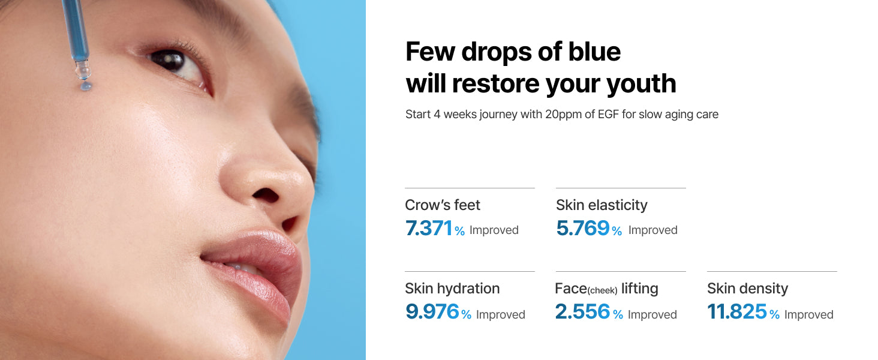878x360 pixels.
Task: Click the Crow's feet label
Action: tap(442, 205)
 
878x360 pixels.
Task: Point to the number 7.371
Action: tap(428, 228)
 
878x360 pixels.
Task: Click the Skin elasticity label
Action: tap(602, 205)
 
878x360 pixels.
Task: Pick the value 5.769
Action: tap(583, 228)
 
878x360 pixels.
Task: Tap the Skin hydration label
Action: tap(452, 289)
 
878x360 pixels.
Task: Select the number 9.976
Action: tap(432, 312)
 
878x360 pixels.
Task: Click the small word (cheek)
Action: tap(602, 290)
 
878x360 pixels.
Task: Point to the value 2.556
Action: tap(582, 312)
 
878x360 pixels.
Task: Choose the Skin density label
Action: tap(747, 289)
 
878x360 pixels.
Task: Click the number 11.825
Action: tap(737, 312)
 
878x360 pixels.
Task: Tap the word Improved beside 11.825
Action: tap(808, 314)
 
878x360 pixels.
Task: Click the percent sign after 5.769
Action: tap(617, 231)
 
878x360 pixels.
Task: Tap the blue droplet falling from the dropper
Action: tap(86, 85)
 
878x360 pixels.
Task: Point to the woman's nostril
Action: tap(265, 195)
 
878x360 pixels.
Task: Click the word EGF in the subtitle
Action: tap(608, 115)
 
